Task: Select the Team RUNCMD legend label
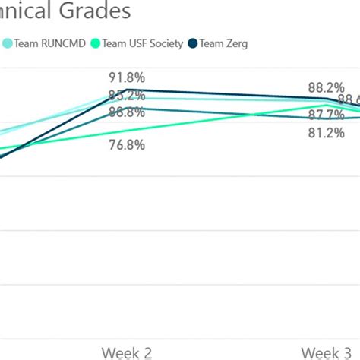[47, 43]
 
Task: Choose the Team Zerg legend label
[223, 43]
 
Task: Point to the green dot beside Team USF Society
[95, 43]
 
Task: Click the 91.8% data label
[127, 77]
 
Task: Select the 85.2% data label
[127, 95]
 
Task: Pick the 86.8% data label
[127, 112]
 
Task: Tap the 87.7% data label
[326, 115]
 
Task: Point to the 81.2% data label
[326, 132]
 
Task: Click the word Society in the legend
[166, 43]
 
